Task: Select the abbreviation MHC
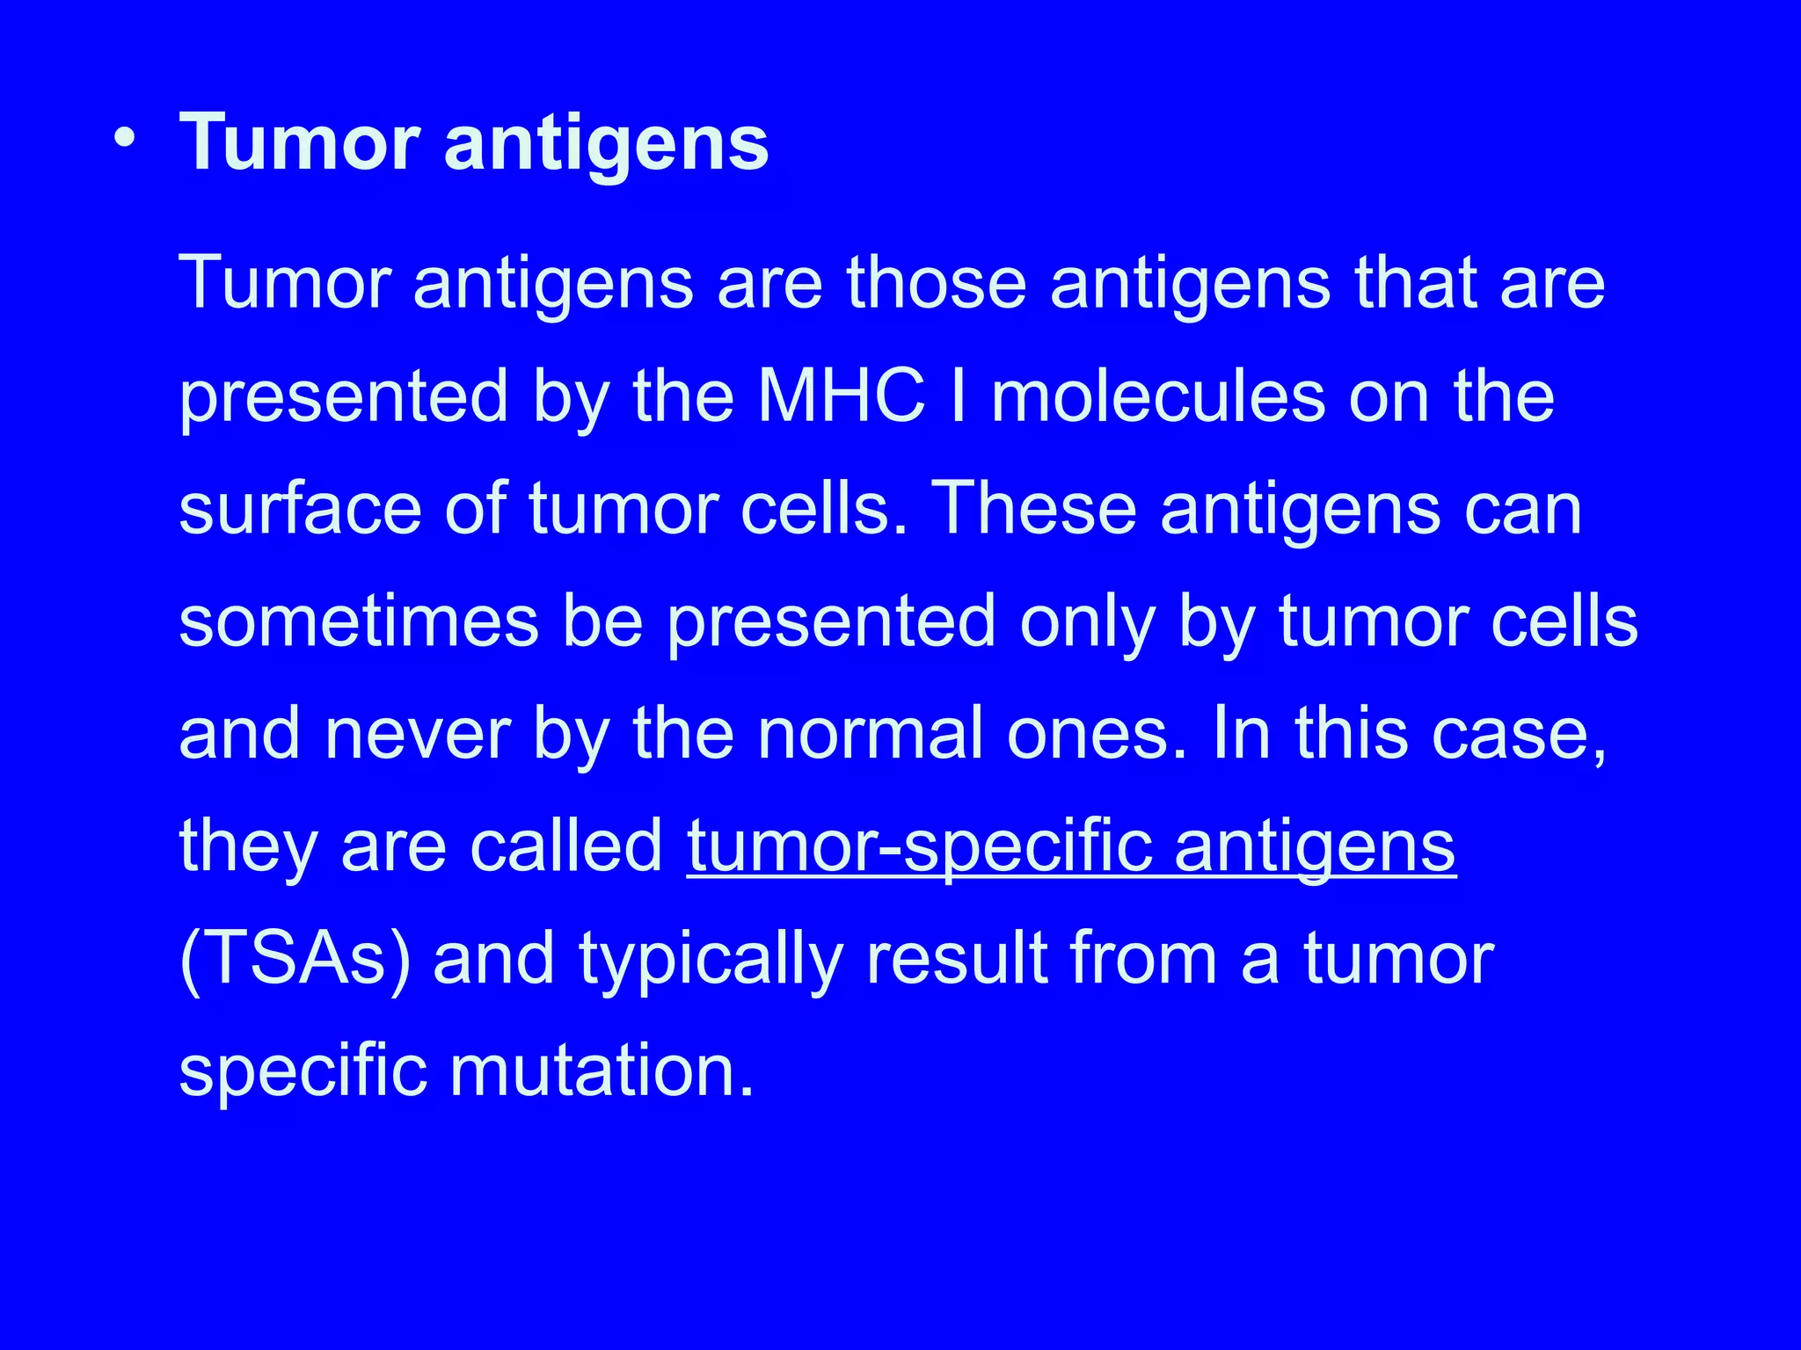(x=842, y=396)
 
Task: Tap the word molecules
(x=1157, y=396)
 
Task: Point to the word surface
(x=300, y=510)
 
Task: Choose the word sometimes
(x=359, y=621)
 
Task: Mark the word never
(x=418, y=734)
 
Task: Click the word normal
(x=870, y=734)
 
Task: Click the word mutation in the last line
(x=602, y=1071)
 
